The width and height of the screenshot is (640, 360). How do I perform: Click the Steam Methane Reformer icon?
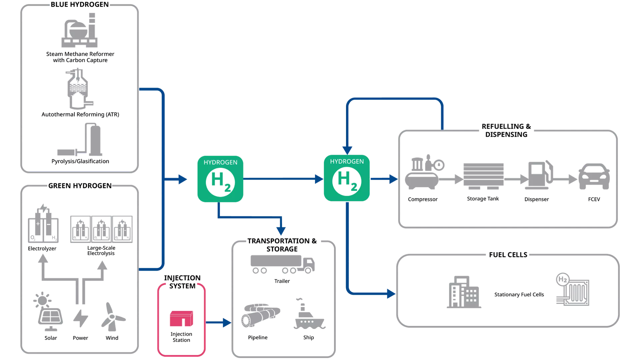[79, 30]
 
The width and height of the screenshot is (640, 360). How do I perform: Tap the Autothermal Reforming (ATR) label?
[80, 114]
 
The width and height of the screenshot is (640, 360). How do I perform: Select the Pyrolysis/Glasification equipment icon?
[80, 140]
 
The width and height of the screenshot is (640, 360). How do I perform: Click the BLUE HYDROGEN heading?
[80, 4]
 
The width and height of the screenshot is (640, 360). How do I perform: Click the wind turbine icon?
[113, 317]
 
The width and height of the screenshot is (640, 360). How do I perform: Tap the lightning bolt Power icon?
[80, 318]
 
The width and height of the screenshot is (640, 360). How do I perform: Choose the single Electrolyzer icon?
[43, 223]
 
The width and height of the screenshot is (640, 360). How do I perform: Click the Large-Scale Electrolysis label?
[101, 250]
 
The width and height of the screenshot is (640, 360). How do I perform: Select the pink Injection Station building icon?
[181, 319]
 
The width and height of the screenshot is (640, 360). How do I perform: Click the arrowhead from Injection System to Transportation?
[227, 322]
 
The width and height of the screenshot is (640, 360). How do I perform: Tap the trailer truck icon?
[282, 264]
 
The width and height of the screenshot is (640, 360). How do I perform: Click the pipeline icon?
[260, 315]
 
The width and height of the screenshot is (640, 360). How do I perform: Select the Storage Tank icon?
[483, 176]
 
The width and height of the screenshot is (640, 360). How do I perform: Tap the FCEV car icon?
[594, 176]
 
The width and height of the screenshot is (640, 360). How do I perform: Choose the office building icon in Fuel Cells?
[464, 292]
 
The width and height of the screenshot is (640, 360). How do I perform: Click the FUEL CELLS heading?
[508, 255]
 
